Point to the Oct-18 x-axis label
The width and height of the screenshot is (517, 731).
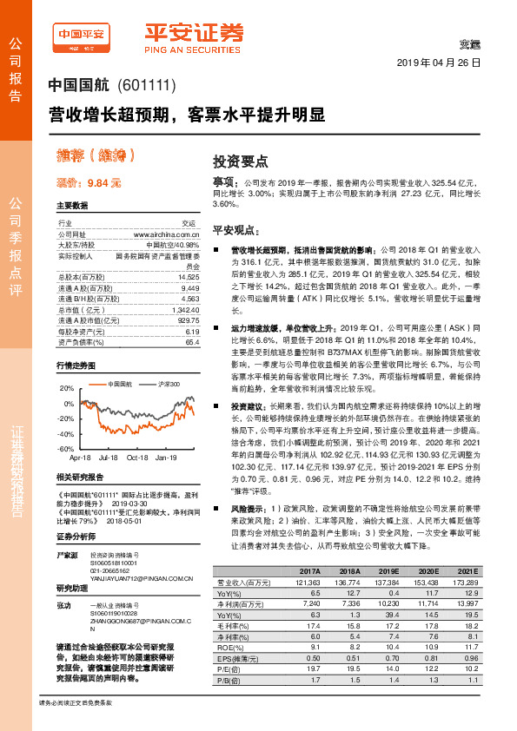tap(136, 457)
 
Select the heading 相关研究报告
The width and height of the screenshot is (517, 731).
tap(80, 477)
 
